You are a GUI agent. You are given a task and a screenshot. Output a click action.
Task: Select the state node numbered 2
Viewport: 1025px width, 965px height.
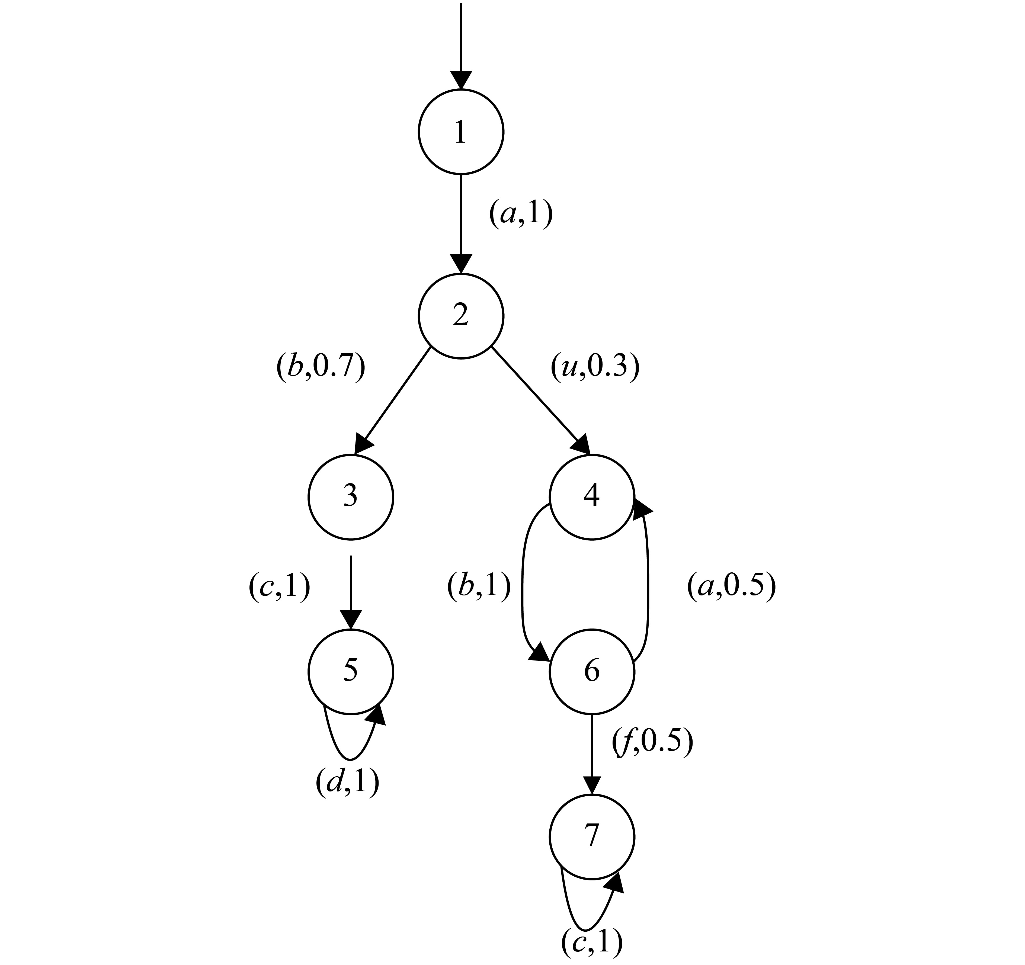point(460,316)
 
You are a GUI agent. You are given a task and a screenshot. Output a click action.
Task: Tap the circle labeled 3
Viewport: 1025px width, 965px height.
point(351,497)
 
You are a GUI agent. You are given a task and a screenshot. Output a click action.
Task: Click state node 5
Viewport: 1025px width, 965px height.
point(351,672)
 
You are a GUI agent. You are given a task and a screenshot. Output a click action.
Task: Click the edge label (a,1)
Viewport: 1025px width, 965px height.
point(520,214)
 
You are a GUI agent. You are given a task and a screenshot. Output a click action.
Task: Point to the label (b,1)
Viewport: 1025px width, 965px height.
point(479,587)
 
